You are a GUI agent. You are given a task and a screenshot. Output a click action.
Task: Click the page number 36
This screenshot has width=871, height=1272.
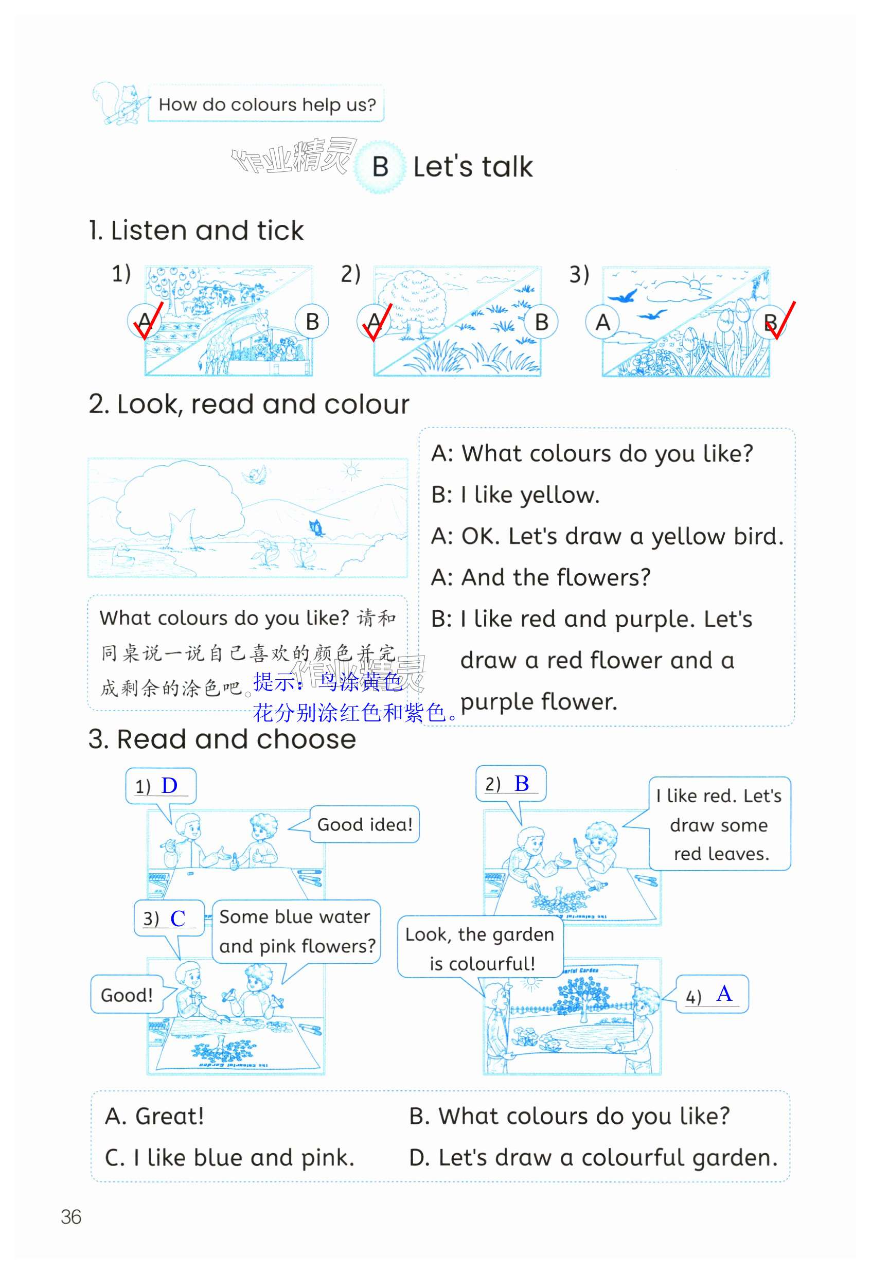(70, 1217)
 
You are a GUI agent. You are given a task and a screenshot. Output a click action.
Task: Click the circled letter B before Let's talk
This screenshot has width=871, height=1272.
(380, 167)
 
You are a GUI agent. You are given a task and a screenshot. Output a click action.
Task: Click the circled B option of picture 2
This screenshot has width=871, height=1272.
(541, 322)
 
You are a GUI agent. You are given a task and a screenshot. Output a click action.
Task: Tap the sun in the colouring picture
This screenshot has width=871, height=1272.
(351, 471)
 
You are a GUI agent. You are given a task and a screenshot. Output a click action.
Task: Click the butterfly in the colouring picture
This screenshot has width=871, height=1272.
(316, 527)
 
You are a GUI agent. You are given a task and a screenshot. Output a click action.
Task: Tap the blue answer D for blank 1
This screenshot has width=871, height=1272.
(169, 785)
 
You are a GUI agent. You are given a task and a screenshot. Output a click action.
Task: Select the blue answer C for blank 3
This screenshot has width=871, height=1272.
(178, 918)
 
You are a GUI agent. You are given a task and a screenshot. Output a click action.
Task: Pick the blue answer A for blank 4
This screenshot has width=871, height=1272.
(724, 994)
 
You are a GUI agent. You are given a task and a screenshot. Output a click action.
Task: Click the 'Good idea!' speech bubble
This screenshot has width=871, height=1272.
(364, 824)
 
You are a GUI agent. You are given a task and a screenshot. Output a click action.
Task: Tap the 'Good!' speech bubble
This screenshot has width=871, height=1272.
(127, 995)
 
